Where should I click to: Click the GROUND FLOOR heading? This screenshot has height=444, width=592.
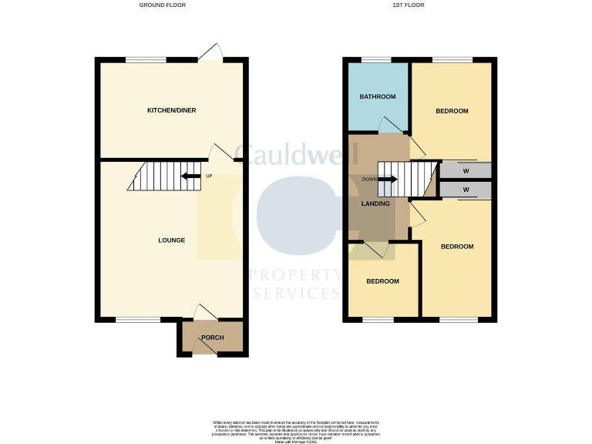162,5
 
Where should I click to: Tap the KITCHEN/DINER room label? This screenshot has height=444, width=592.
171,110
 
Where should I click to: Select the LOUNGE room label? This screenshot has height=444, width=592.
171,240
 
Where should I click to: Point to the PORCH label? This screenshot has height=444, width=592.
212,338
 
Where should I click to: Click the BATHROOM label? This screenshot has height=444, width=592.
378,96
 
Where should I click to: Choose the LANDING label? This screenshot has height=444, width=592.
375,203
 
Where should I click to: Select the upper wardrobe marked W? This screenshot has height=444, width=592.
466,170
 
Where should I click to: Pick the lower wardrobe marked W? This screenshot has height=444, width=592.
466,190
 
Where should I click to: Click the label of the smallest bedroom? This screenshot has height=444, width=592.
382,281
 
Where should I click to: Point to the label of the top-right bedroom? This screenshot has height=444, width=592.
452,111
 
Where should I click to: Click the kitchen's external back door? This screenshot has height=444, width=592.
210,52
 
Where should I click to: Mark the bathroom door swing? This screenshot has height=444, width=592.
390,126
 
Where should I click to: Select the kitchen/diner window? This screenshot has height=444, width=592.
145,60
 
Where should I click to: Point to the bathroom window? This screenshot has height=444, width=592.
376,60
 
